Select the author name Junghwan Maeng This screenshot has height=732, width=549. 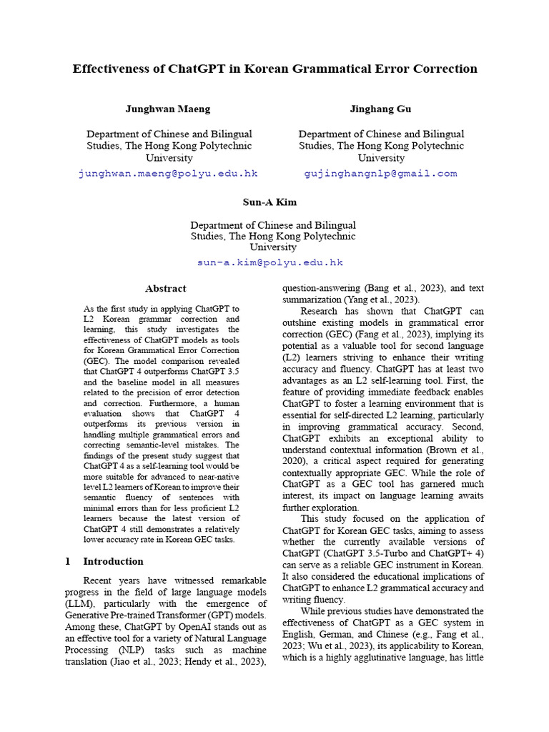pos(168,109)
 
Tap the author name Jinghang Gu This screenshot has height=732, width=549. pos(380,109)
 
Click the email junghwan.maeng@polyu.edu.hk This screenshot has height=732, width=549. pos(168,174)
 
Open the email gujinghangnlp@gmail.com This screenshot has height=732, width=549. pos(380,174)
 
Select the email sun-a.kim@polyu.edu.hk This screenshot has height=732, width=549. pos(270,262)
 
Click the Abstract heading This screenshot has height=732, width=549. pos(166,289)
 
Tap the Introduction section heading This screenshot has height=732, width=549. pos(113,561)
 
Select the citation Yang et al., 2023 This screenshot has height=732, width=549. pos(382,300)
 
